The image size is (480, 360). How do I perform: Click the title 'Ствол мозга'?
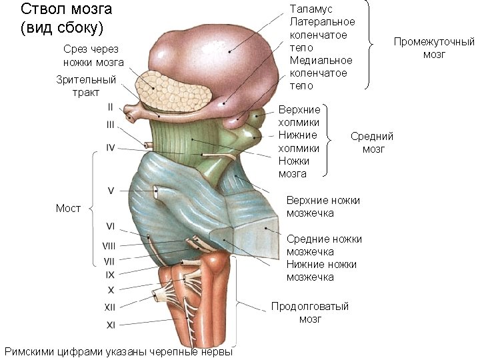pyautogui.click(x=67, y=9)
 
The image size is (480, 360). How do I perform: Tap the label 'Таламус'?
pyautogui.click(x=311, y=9)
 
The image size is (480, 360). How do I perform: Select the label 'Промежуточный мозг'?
pyautogui.click(x=434, y=48)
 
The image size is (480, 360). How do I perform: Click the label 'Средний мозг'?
pyautogui.click(x=372, y=143)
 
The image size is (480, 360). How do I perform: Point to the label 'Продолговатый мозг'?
pyautogui.click(x=309, y=313)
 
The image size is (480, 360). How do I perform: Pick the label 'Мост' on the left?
pyautogui.click(x=68, y=208)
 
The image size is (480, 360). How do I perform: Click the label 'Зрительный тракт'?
pyautogui.click(x=86, y=85)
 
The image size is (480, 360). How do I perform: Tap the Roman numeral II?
pyautogui.click(x=110, y=106)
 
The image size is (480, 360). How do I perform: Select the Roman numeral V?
pyautogui.click(x=111, y=191)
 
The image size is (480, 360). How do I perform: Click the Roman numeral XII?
pyautogui.click(x=110, y=307)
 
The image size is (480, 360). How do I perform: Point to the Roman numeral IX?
pyautogui.click(x=110, y=274)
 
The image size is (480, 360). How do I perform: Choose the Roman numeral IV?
pyautogui.click(x=111, y=147)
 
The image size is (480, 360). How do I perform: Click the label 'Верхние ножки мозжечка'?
pyautogui.click(x=323, y=206)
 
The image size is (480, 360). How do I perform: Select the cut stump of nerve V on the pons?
pyautogui.click(x=157, y=193)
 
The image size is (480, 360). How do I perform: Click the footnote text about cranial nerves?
pyautogui.click(x=119, y=351)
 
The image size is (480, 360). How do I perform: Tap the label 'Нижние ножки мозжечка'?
pyautogui.click(x=321, y=271)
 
